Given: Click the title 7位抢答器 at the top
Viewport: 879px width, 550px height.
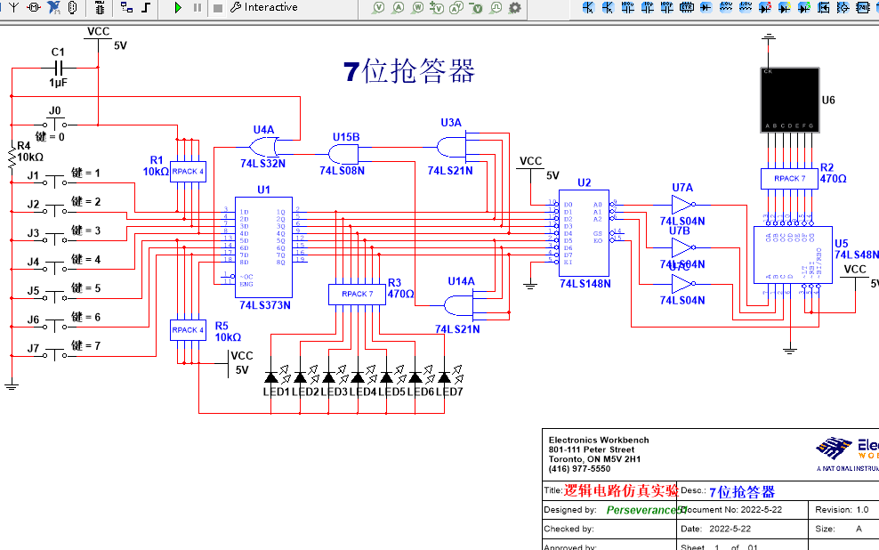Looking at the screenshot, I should pyautogui.click(x=409, y=71).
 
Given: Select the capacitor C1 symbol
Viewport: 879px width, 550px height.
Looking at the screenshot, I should pyautogui.click(x=59, y=68).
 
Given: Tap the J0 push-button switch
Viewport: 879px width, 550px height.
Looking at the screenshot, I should pyautogui.click(x=55, y=125).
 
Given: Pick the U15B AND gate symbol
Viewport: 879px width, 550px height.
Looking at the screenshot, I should pyautogui.click(x=343, y=153).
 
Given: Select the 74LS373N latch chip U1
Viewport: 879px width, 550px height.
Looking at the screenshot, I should pyautogui.click(x=263, y=247).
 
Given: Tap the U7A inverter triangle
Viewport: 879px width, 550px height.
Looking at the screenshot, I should pyautogui.click(x=682, y=204).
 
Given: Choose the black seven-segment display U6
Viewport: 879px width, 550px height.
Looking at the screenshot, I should pyautogui.click(x=788, y=100).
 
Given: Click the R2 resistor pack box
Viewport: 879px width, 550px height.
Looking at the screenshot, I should pyautogui.click(x=788, y=179).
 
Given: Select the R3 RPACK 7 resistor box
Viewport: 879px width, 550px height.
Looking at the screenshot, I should pyautogui.click(x=357, y=294).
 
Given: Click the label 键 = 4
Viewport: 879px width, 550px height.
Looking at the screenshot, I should pyautogui.click(x=86, y=260).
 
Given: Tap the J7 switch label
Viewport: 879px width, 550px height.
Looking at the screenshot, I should pyautogui.click(x=34, y=348).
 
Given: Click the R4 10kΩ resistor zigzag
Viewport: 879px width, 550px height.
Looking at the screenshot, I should pyautogui.click(x=12, y=157).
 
